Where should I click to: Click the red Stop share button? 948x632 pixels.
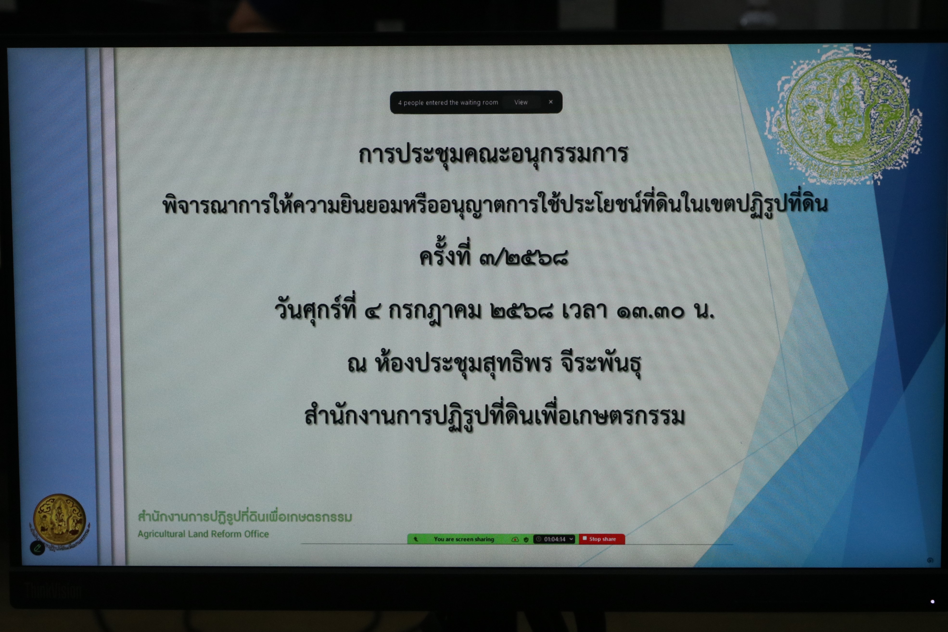click(x=602, y=539)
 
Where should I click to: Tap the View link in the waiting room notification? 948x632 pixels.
click(x=521, y=102)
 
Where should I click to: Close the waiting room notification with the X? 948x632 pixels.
click(x=551, y=102)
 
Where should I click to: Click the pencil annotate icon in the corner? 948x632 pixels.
click(x=38, y=548)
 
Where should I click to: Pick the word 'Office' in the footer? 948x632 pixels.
click(x=256, y=534)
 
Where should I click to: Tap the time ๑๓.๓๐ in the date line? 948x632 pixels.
click(x=650, y=312)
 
